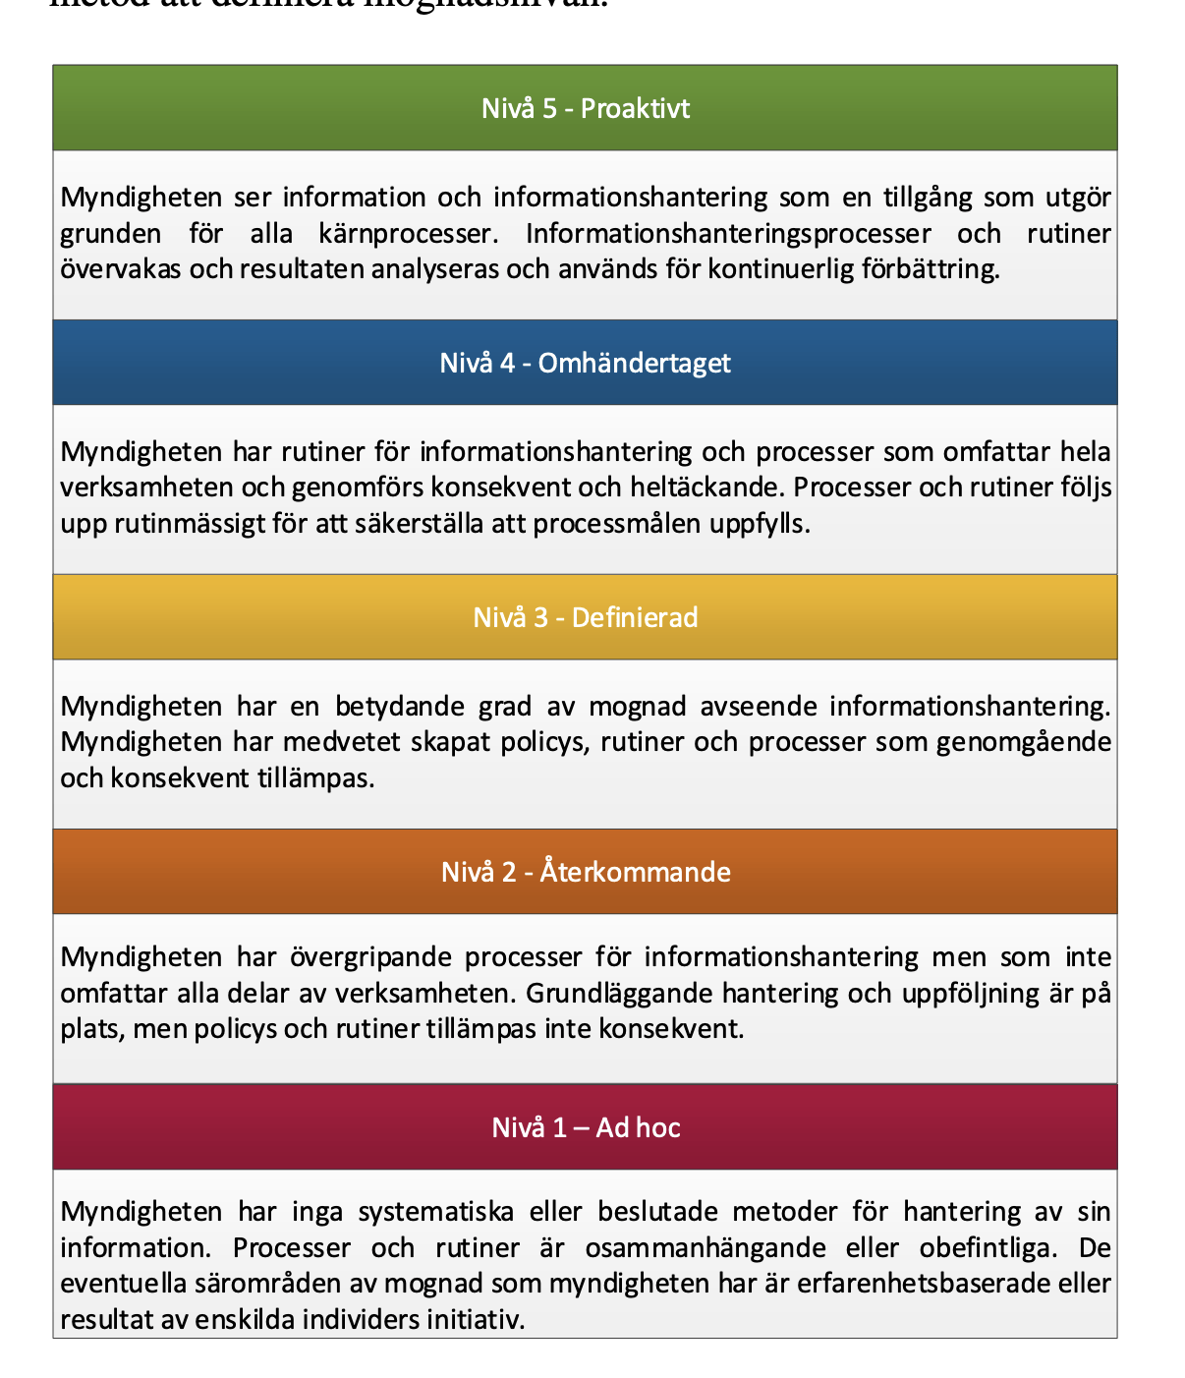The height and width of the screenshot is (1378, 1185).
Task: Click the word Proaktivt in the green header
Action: (635, 108)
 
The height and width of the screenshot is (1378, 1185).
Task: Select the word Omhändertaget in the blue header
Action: (635, 363)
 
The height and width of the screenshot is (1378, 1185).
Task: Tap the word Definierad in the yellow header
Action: (635, 617)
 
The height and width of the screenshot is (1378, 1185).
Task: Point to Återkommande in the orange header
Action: (635, 872)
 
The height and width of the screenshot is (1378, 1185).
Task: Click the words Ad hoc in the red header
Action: (638, 1126)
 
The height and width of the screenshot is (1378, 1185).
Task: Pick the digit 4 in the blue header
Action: (507, 363)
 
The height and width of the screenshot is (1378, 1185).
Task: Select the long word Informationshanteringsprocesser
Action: (728, 234)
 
